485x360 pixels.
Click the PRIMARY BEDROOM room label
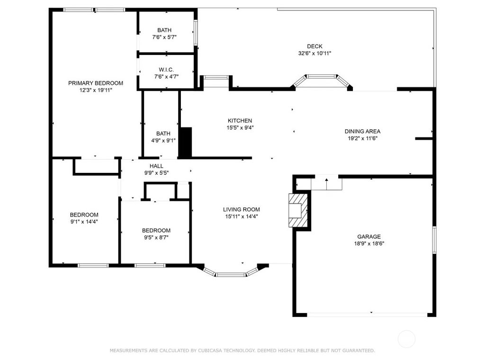(96, 83)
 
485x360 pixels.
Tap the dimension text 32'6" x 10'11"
(314, 53)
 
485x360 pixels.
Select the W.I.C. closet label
(166, 70)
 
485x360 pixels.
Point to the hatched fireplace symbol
(298, 210)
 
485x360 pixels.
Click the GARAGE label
(369, 236)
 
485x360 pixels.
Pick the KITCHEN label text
(240, 121)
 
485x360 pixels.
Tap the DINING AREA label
(362, 131)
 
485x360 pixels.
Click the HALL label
(156, 166)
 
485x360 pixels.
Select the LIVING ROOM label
(242, 209)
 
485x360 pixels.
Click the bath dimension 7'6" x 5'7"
(164, 37)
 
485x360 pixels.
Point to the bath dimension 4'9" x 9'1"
(163, 140)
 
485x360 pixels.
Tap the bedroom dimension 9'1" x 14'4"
(84, 221)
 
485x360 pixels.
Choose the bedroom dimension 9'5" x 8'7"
(156, 237)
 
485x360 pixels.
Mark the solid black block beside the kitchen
(186, 143)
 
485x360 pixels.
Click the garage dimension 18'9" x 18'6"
(369, 243)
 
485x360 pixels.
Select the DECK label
(315, 46)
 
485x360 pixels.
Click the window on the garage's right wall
(434, 240)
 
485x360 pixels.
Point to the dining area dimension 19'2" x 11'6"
(362, 138)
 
